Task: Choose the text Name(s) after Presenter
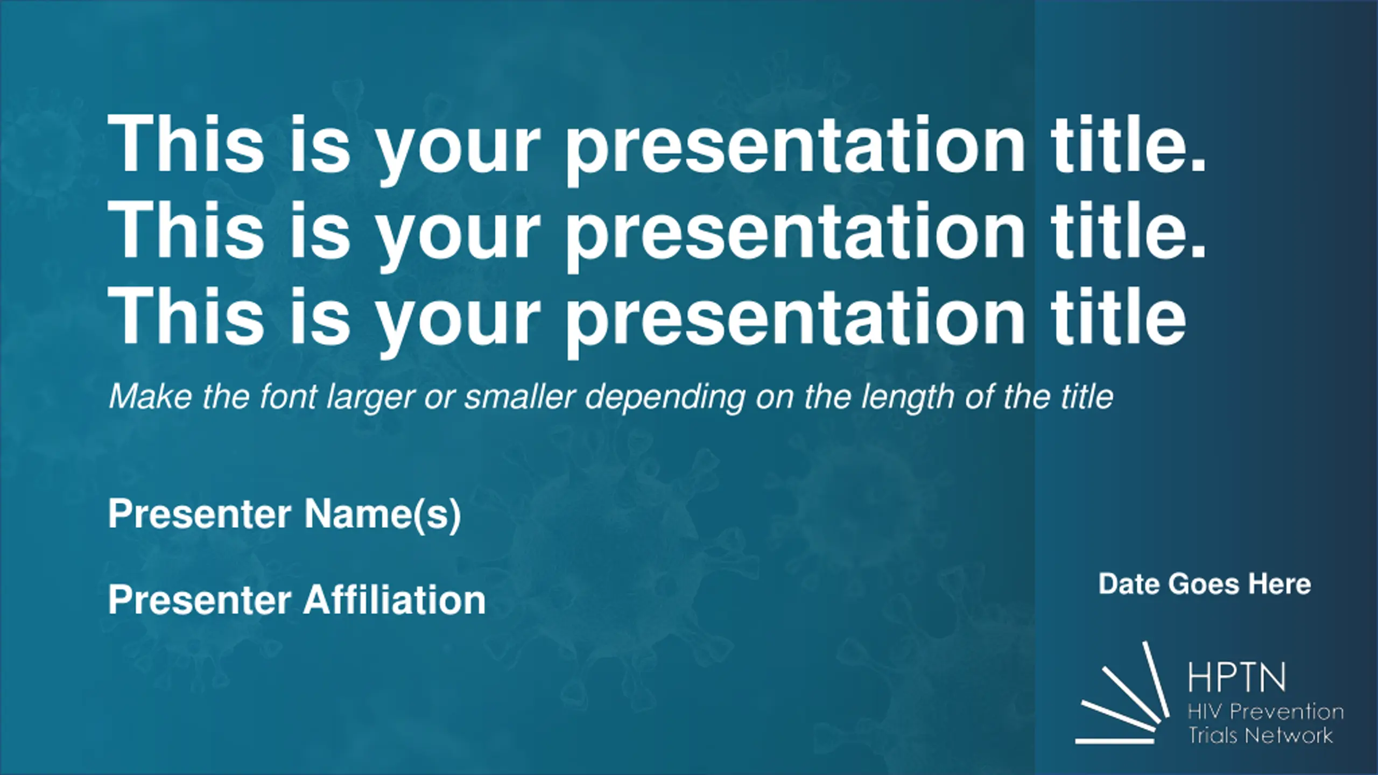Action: [x=383, y=515]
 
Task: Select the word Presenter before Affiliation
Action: [x=200, y=600]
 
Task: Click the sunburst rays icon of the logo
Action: [x=1123, y=694]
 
